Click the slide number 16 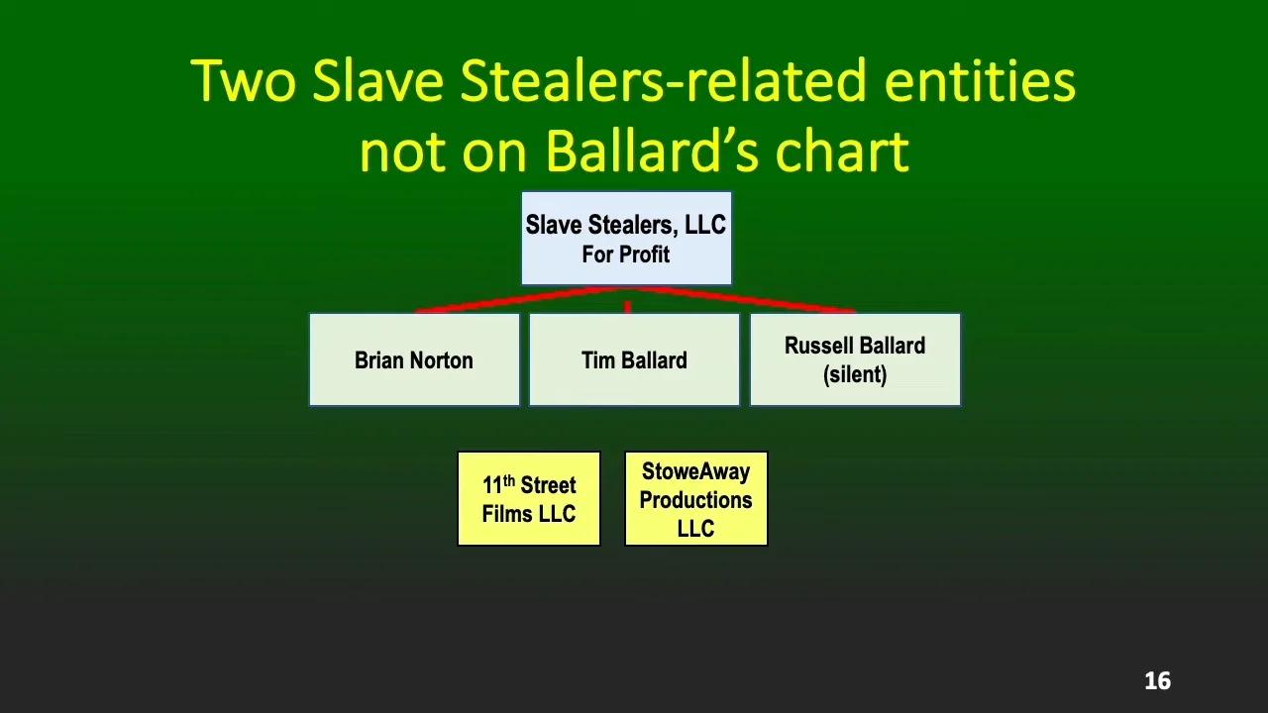[x=1158, y=680]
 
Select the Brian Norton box [x=414, y=359]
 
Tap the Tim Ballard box [x=634, y=359]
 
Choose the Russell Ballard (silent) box [x=855, y=359]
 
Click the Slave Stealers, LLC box [x=626, y=239]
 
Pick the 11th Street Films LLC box [x=529, y=498]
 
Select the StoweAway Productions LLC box [x=695, y=498]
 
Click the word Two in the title [x=244, y=80]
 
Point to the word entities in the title [x=980, y=80]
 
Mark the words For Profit [x=625, y=255]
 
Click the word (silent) [x=855, y=374]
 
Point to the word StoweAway [x=695, y=470]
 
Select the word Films [x=506, y=514]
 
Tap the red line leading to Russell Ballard [x=742, y=300]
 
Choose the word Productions [x=695, y=500]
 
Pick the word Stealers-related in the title [x=664, y=80]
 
